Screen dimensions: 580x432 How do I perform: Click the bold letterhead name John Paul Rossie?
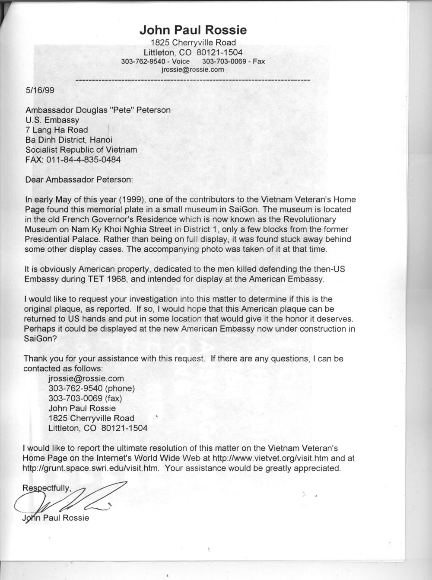(x=193, y=30)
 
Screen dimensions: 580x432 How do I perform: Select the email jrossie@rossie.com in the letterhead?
(x=193, y=69)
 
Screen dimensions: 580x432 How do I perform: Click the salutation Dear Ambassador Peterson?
(x=79, y=179)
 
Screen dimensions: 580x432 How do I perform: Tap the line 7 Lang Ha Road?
(x=57, y=130)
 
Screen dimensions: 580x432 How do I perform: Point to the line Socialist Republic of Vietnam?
(x=81, y=150)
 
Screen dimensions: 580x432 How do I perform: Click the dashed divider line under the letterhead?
(x=193, y=80)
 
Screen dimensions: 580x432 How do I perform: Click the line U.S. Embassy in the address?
(x=53, y=120)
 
